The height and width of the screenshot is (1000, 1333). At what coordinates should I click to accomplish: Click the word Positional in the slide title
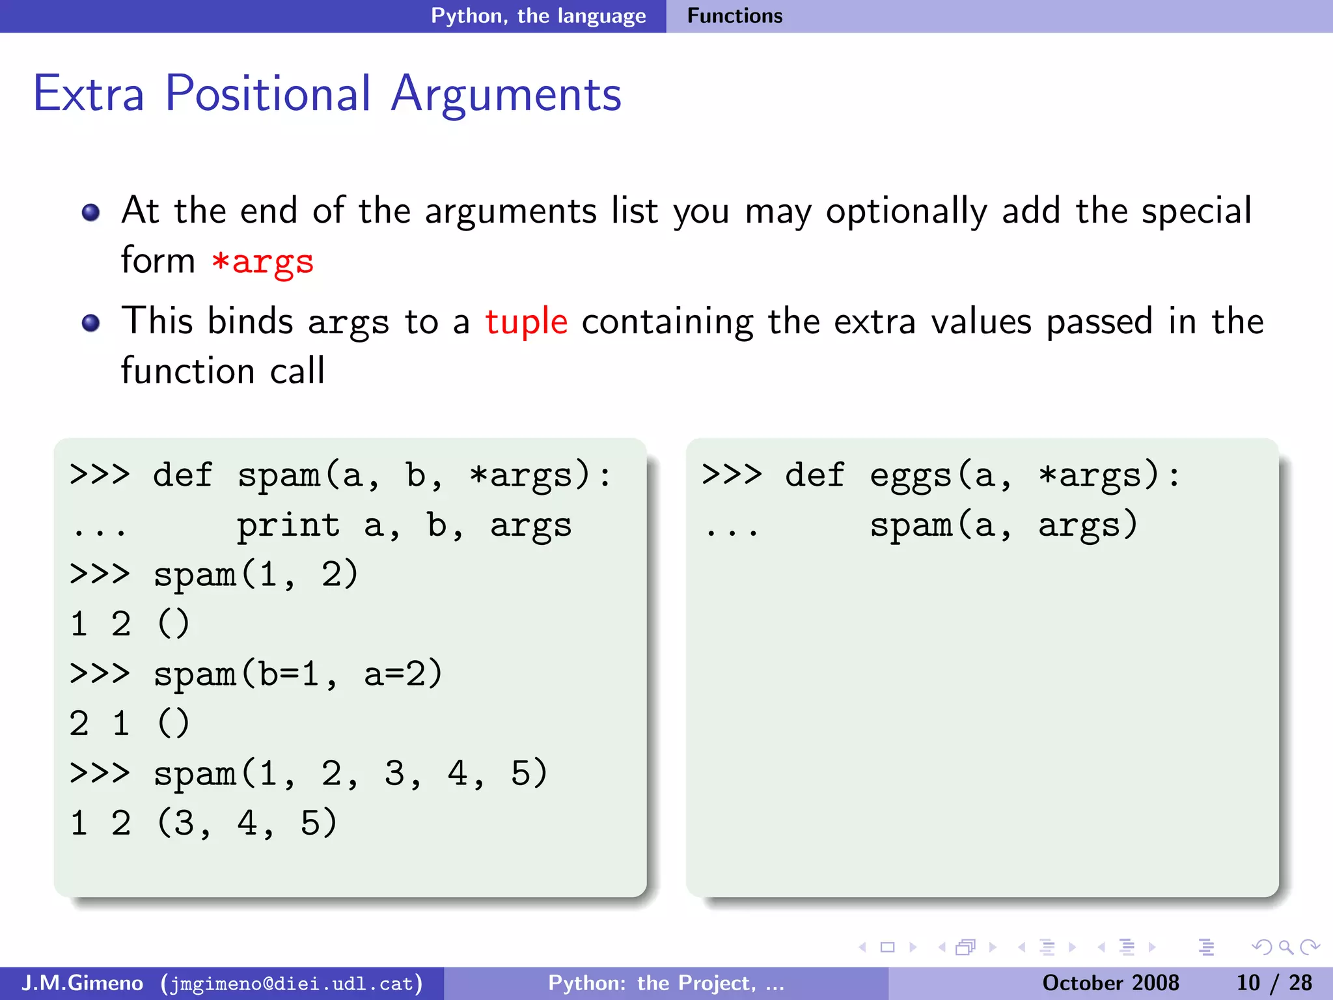click(x=268, y=94)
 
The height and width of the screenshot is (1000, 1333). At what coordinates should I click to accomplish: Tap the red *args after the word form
click(x=262, y=262)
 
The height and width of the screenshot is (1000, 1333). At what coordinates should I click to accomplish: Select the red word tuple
click(x=527, y=322)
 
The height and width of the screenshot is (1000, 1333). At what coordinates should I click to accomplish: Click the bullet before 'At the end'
click(x=91, y=212)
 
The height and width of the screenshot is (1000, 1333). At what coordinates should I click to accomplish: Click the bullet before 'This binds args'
click(x=91, y=323)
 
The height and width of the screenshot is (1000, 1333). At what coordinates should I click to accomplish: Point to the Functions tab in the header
click(x=734, y=16)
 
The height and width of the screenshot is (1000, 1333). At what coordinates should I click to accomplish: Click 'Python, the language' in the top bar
click(x=538, y=16)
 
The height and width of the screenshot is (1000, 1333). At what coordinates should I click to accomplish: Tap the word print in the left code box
click(x=288, y=525)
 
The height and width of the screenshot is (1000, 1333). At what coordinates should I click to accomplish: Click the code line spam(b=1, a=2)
click(x=297, y=674)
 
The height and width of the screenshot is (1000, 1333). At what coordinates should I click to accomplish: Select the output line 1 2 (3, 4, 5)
click(x=203, y=823)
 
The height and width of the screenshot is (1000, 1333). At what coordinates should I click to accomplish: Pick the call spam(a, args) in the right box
click(x=1003, y=525)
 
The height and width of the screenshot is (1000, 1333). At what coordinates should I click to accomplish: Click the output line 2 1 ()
click(x=129, y=723)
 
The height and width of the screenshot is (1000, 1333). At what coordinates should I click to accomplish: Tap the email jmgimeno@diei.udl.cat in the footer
click(x=291, y=983)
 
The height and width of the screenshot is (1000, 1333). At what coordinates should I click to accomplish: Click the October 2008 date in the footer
click(x=1110, y=982)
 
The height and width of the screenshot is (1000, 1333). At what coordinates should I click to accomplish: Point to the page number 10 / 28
click(x=1274, y=982)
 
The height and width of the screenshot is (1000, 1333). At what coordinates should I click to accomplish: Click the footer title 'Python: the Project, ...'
click(x=666, y=982)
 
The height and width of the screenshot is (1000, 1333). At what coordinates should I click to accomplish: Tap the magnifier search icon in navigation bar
click(x=1285, y=947)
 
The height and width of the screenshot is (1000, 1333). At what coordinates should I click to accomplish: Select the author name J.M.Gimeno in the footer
click(x=82, y=982)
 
